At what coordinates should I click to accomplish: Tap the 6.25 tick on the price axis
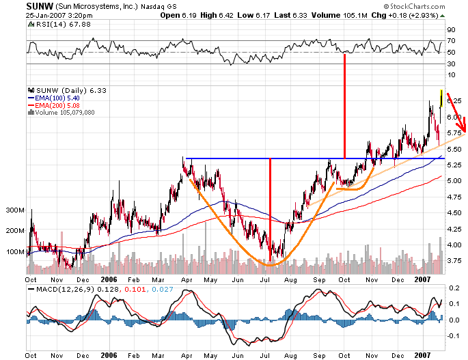pos(453,101)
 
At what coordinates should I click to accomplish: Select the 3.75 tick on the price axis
pos(453,261)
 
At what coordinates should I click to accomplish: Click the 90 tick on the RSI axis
pos(451,30)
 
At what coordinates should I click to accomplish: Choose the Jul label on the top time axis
pos(265,279)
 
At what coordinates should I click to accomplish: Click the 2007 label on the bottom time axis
pos(424,355)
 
